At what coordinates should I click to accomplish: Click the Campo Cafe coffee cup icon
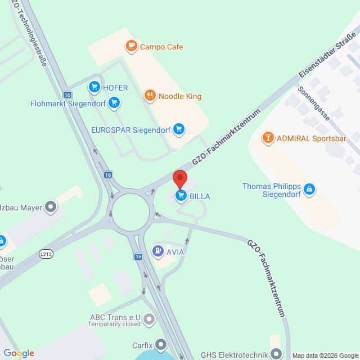point(131,47)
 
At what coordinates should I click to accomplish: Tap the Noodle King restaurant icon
point(149,96)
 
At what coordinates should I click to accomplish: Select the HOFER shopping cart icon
point(94,87)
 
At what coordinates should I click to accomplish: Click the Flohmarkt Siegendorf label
point(67,103)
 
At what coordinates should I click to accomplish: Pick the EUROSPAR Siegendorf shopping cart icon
point(179,129)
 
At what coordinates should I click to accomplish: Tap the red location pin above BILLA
point(180,179)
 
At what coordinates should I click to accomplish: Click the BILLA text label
point(201,196)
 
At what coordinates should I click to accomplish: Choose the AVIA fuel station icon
point(159,251)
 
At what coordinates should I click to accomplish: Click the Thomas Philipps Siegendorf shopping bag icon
point(308,191)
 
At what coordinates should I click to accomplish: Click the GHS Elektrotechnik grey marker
point(276,354)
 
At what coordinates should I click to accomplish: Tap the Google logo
point(19,353)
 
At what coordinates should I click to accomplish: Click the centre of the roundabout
point(130,213)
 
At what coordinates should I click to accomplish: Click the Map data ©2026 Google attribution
point(325,355)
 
